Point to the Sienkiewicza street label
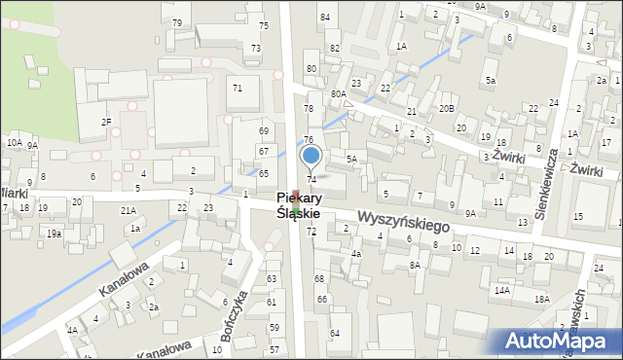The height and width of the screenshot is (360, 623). pos(553,180)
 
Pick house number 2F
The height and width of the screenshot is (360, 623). pos(106,122)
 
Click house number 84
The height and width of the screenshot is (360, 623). pos(325,18)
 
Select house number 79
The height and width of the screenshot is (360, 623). pos(177,22)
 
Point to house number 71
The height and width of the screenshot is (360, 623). pos(237,88)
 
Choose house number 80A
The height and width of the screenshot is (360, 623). pos(338,93)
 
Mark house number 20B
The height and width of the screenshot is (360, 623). pos(446,108)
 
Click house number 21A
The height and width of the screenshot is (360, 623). pos(128,210)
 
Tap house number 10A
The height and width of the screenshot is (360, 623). pos(14,142)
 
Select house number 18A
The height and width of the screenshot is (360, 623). pos(541,300)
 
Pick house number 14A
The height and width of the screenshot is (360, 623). pos(501,290)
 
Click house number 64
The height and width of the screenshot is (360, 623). pos(334,334)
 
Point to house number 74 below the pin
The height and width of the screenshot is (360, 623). pos(311,179)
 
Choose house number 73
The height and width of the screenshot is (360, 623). pos(255,48)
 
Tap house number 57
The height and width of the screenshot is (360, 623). pos(275,349)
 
